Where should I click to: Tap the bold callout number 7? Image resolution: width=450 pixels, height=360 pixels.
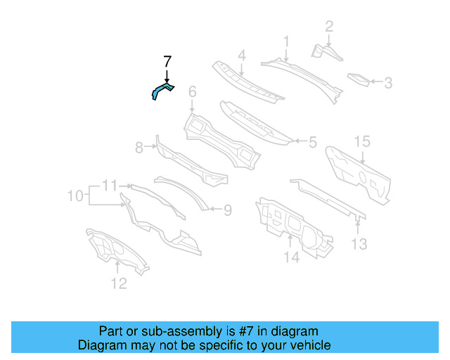pos(167,61)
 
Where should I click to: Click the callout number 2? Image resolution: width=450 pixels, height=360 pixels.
pos(328,27)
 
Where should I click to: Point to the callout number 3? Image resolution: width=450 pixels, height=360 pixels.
pos(388,83)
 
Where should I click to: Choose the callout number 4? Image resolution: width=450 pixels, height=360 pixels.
pos(241,56)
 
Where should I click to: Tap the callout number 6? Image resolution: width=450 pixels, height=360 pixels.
pos(192,91)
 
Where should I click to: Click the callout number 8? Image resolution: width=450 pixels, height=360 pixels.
pos(139,147)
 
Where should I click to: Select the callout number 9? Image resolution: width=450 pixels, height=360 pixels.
pos(227,209)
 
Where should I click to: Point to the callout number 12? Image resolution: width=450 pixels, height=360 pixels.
pos(119,283)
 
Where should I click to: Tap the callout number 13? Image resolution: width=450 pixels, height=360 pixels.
pos(359,244)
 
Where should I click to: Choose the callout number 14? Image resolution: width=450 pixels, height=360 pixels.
pos(291,257)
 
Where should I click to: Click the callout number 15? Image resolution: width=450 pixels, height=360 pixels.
pos(361,142)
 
